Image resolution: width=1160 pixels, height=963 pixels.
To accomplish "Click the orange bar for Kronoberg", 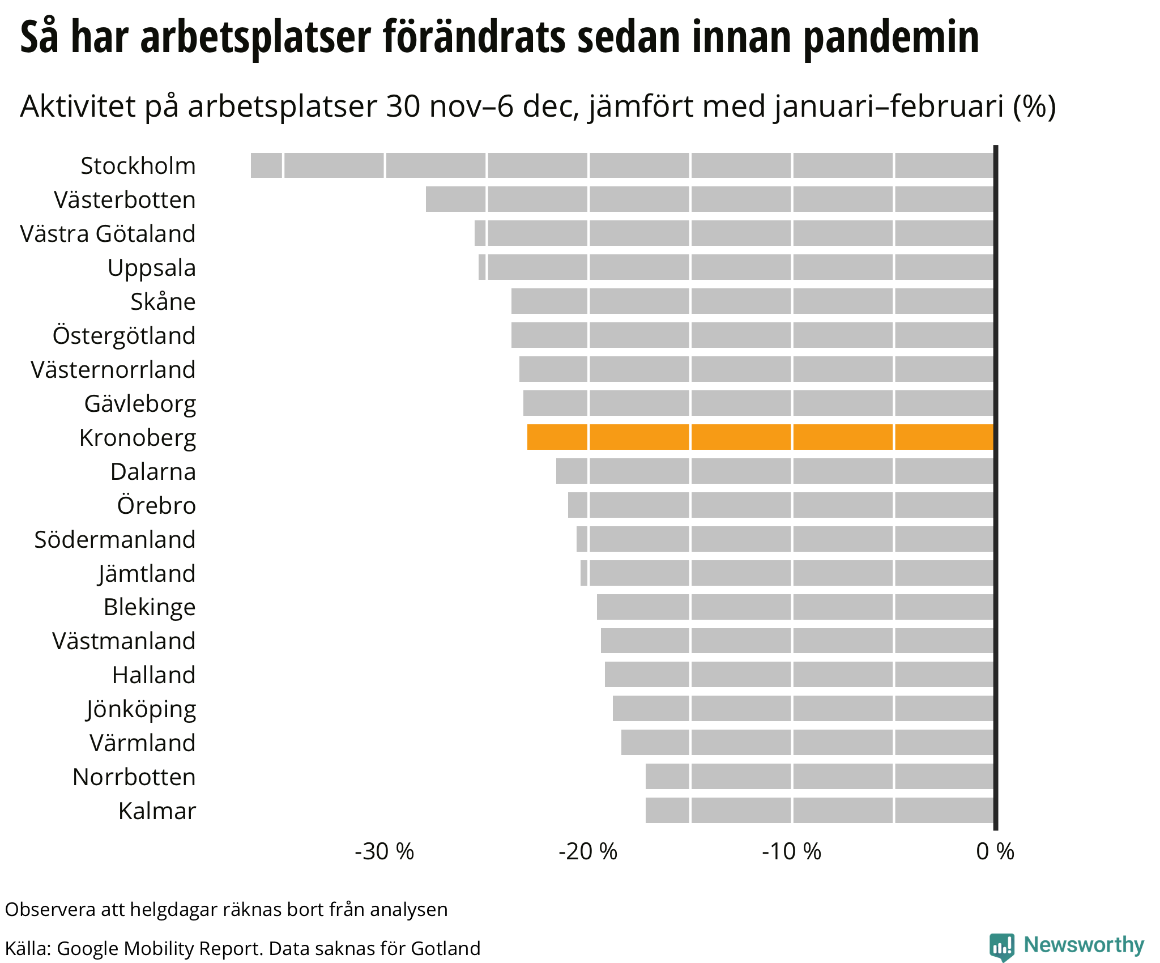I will tap(760, 437).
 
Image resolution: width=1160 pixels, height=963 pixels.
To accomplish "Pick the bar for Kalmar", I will tap(820, 810).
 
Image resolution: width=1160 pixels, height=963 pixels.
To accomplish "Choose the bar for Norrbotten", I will tap(820, 776).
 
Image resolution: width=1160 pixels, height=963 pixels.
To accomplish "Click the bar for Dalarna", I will tap(775, 471).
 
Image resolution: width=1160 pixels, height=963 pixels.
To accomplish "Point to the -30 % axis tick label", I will tap(385, 851).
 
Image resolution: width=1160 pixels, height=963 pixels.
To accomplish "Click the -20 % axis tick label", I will tap(588, 851).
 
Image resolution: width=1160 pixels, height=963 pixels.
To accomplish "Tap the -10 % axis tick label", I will tap(791, 851).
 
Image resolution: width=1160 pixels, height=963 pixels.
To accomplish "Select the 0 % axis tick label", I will tap(995, 851).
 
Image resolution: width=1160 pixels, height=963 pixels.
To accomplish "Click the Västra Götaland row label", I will tap(108, 233).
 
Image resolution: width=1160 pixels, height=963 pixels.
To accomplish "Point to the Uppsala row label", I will tap(151, 267).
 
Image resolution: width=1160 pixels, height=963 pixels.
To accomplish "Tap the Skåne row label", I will tap(163, 301).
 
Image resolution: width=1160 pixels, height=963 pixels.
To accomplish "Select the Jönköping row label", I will tap(141, 709).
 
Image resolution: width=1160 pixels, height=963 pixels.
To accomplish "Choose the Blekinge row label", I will tap(149, 607).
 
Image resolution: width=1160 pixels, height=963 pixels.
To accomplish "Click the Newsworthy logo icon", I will tap(1001, 947).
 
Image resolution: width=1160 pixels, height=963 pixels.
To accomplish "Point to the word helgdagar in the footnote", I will tap(173, 909).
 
